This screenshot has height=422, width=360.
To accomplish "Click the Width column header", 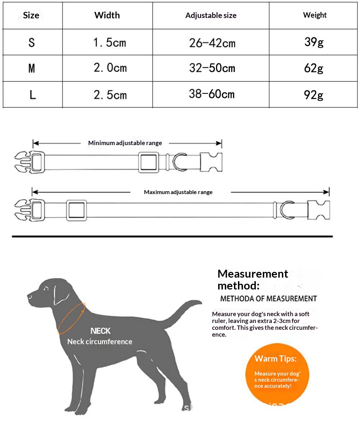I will click(x=107, y=15).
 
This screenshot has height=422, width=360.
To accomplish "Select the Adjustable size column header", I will click(x=211, y=15).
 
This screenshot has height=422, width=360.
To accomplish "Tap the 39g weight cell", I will click(x=314, y=42).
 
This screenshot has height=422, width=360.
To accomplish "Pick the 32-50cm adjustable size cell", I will click(x=212, y=68).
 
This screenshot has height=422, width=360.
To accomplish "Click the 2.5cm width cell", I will click(x=110, y=95).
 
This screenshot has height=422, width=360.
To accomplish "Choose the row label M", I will click(x=32, y=68).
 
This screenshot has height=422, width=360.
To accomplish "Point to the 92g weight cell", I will click(x=314, y=95).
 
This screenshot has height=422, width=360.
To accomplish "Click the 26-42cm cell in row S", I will click(x=212, y=43).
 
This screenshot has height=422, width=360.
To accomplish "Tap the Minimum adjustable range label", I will click(x=125, y=143).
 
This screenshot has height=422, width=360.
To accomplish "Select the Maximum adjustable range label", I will click(x=178, y=192).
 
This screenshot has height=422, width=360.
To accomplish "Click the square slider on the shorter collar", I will click(x=149, y=162).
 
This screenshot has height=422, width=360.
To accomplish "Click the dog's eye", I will click(x=46, y=288).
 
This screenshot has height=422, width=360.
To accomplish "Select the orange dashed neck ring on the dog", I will click(x=72, y=318).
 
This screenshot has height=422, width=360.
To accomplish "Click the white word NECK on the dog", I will click(x=100, y=331).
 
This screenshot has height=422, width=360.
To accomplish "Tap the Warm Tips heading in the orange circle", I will click(x=275, y=359).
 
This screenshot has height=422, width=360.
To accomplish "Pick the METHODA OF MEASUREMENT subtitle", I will click(x=268, y=298).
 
